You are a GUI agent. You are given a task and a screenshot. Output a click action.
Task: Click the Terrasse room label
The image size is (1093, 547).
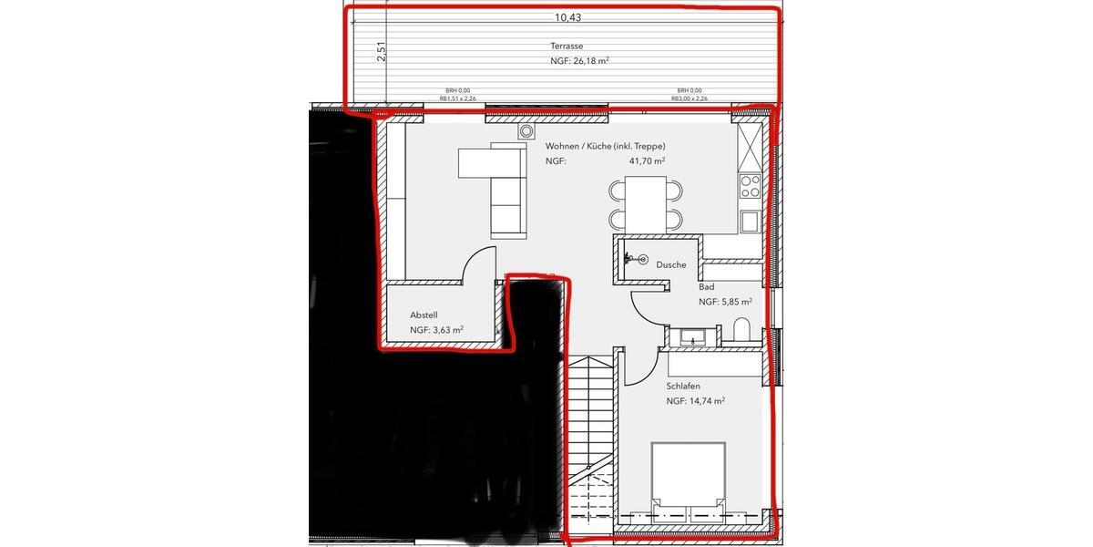pos(566,46)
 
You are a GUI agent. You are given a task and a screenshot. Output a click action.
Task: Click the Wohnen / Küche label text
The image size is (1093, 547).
pos(605,146)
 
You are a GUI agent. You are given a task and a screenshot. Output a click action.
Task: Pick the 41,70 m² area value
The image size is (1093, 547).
pos(647,160)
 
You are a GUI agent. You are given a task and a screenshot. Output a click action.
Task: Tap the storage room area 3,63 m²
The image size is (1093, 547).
pos(437,331)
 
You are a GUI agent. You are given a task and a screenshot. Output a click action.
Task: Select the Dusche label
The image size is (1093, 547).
pos(670,264)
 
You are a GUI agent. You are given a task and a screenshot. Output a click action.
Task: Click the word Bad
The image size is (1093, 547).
pos(706,286)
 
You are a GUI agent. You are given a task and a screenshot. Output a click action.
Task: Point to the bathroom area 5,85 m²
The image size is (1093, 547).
pos(725,302)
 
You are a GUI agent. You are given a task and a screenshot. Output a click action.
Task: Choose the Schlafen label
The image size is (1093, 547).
pos(682,386)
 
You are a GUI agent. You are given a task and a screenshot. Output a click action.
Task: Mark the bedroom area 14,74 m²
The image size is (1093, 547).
pos(695,401)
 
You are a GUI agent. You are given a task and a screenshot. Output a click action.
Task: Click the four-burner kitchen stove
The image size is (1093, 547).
pos(750,187)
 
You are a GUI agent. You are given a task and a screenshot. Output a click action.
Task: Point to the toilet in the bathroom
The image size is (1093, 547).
pos(740,331)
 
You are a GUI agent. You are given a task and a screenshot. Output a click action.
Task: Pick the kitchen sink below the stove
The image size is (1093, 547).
pos(750,221)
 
